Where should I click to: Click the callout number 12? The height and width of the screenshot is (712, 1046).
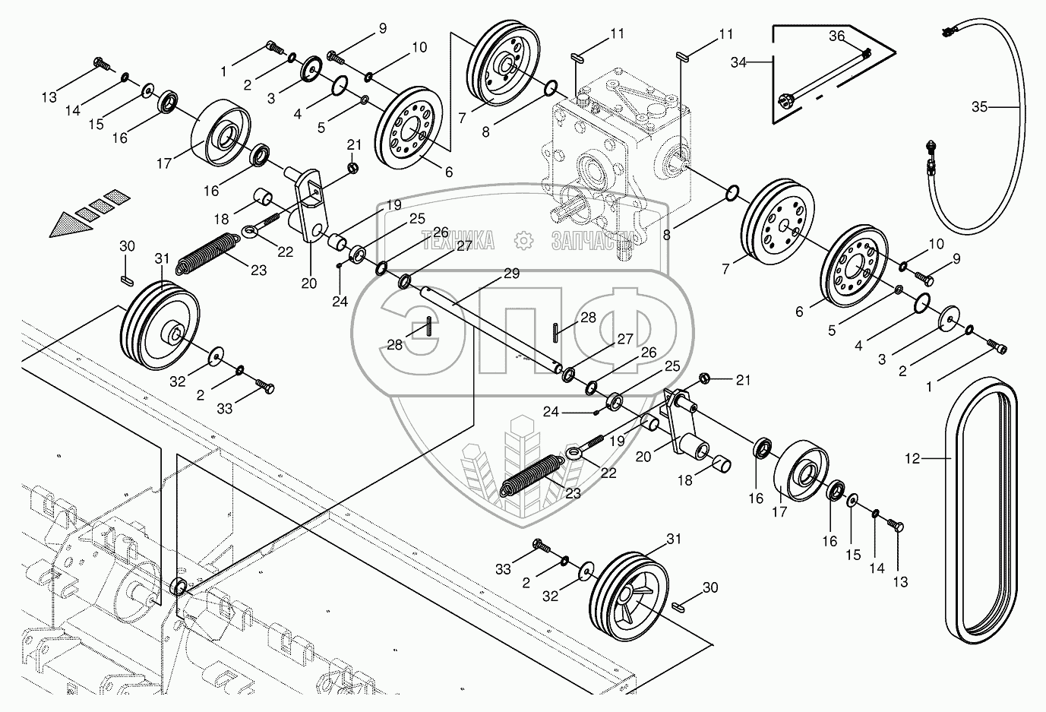tap(912, 458)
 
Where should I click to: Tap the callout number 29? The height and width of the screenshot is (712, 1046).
tap(511, 274)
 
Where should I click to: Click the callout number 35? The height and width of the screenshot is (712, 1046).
tap(980, 107)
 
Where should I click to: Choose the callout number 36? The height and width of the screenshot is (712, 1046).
tap(836, 35)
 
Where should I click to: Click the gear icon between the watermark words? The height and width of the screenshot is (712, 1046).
tap(523, 242)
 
